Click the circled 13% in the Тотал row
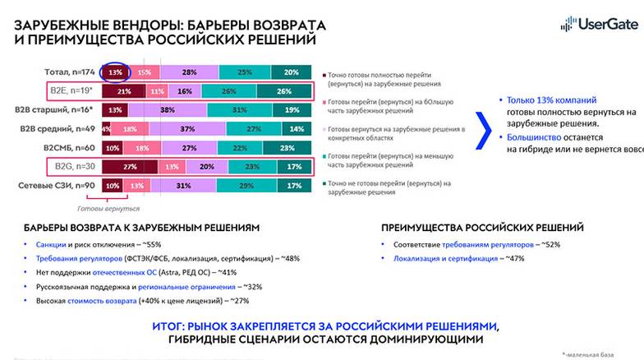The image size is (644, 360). click(114, 72)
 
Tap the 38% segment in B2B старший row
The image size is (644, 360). click(168, 110)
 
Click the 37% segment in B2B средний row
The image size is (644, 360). click(188, 129)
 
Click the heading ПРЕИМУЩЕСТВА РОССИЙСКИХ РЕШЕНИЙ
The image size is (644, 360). click(483, 227)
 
